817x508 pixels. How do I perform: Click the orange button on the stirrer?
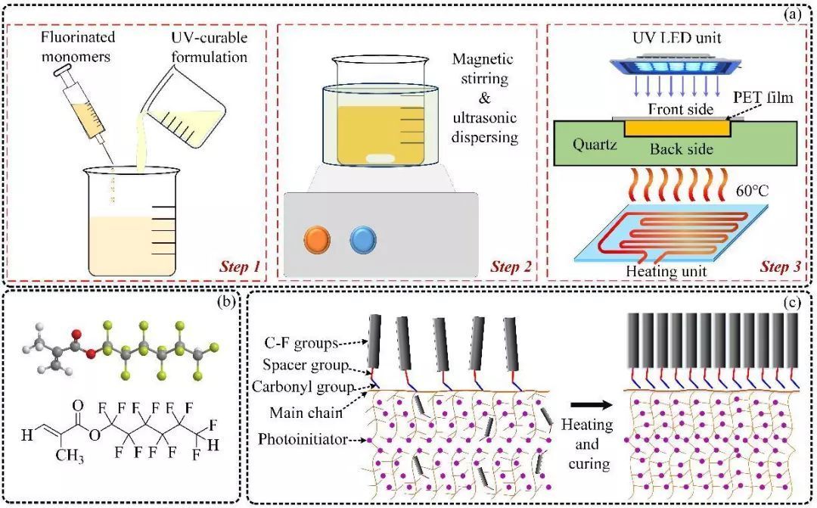click(x=317, y=241)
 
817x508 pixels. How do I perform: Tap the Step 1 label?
click(x=241, y=267)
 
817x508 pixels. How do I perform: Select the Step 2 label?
click(x=511, y=267)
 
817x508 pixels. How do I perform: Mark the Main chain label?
click(x=307, y=413)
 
